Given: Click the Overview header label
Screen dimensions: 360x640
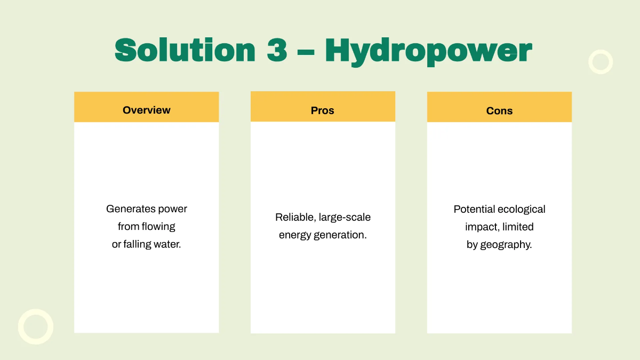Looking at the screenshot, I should pos(147,110).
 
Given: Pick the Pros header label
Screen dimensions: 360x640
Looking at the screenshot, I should pos(323,110).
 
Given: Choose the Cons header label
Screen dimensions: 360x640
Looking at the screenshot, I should pos(499,111).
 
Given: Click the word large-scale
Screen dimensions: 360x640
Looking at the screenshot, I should pos(345,218).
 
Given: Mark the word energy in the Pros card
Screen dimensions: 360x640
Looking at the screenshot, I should pos(295,235).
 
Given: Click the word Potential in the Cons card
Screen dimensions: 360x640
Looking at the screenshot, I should pos(474,209).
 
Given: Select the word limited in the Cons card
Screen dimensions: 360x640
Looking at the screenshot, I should pos(518,227).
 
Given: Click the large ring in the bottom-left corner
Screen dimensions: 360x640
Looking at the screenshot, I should pos(36,326).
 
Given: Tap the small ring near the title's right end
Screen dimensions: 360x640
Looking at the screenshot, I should pos(601,62).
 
